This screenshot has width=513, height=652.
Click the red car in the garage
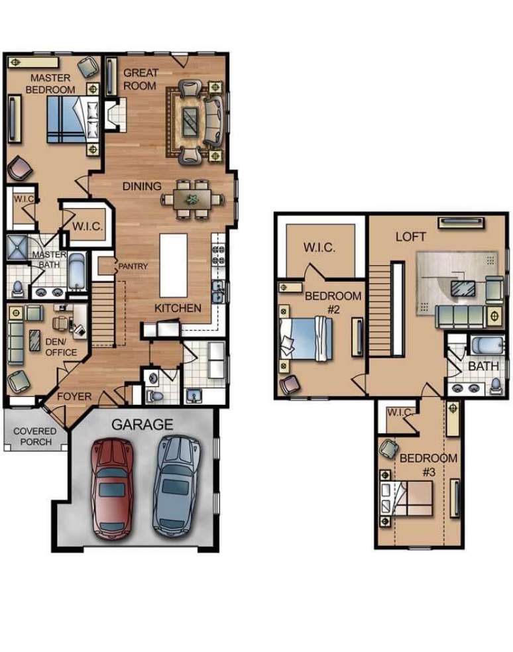click(112, 490)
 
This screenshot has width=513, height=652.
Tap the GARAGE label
click(142, 425)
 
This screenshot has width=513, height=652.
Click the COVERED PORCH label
click(35, 436)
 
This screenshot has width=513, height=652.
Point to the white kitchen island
click(174, 265)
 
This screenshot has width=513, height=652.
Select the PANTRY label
click(133, 266)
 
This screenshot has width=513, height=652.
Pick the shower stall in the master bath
click(17, 248)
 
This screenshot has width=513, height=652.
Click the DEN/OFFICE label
click(61, 347)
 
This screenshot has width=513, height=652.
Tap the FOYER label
click(74, 396)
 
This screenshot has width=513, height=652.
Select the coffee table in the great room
click(191, 121)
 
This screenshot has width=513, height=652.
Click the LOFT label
click(411, 237)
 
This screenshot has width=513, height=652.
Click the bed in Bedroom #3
click(406, 498)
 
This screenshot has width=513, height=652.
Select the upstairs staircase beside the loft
click(380, 311)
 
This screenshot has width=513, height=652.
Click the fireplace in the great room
click(115, 115)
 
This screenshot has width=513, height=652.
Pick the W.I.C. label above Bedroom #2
click(319, 247)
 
